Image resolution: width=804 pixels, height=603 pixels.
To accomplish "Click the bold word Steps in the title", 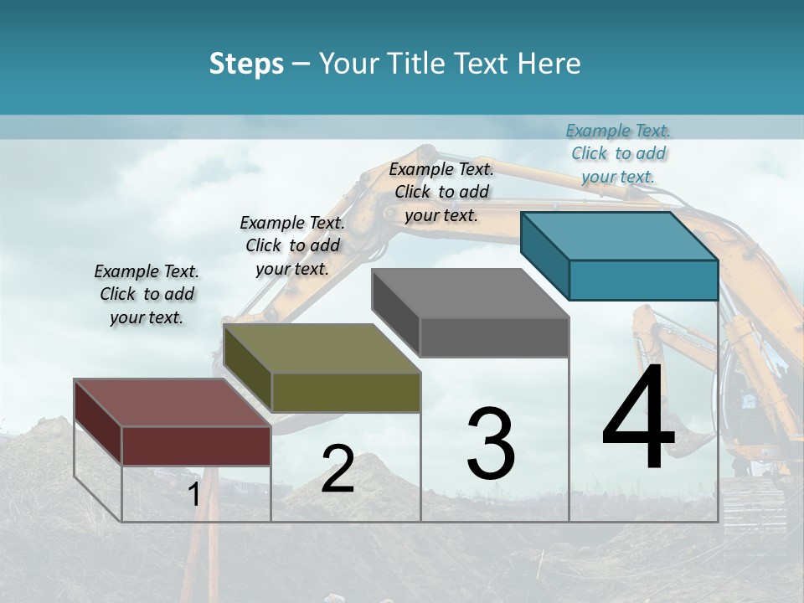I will [246, 64].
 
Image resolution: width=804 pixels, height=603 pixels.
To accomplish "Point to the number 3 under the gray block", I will [491, 443].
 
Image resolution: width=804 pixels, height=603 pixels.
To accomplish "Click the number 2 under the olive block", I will [338, 469].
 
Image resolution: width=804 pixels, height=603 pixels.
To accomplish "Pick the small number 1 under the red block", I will [193, 495].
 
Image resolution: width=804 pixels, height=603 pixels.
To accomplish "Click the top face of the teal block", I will [618, 235].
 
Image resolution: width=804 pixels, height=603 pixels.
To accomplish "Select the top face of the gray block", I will [469, 293].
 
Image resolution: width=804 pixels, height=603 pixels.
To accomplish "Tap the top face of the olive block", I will [322, 348].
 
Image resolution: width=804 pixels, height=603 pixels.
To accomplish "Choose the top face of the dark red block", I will [172, 403].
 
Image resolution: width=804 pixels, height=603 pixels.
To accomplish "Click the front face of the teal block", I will [643, 280].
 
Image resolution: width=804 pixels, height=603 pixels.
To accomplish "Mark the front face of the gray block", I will [494, 338].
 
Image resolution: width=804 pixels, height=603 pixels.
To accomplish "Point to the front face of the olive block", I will [346, 392].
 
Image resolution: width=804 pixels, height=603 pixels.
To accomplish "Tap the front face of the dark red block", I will [197, 446].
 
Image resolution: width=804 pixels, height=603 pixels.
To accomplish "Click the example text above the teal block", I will [618, 153].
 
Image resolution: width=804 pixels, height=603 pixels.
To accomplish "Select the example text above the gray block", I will [441, 192].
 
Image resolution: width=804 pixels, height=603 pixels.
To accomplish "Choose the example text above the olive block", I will [292, 245].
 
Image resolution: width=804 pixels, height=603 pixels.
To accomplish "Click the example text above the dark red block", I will [147, 294].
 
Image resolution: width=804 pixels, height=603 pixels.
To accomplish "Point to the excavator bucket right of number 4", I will [694, 436].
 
